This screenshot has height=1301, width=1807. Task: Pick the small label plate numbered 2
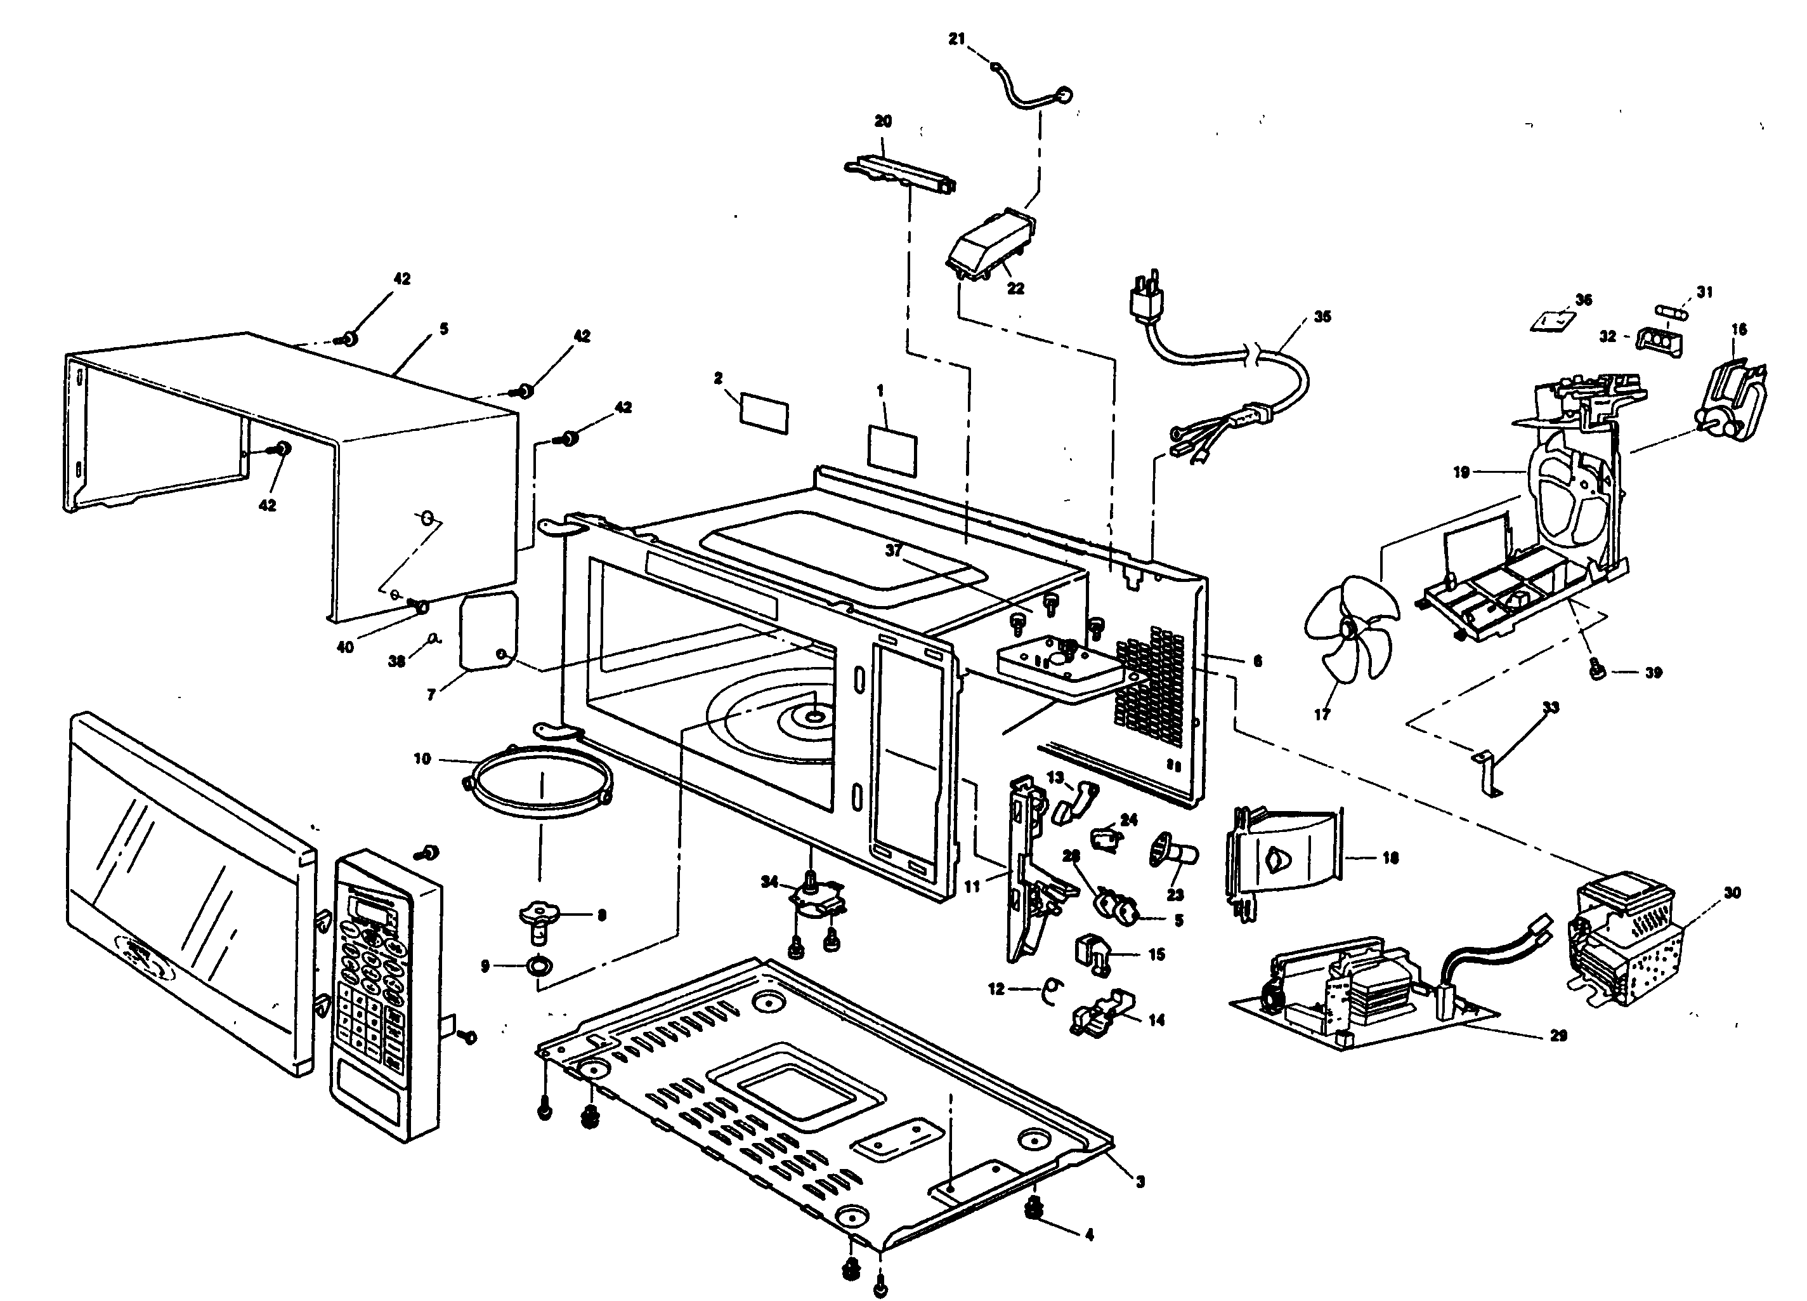tap(764, 414)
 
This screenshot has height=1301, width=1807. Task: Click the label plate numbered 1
tap(892, 449)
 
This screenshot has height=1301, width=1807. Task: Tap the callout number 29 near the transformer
tap(1558, 1036)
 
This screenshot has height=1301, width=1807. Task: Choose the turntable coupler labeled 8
tap(541, 918)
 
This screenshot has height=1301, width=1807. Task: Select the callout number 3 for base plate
tap(1141, 1182)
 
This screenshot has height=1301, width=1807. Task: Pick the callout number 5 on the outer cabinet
tap(444, 329)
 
